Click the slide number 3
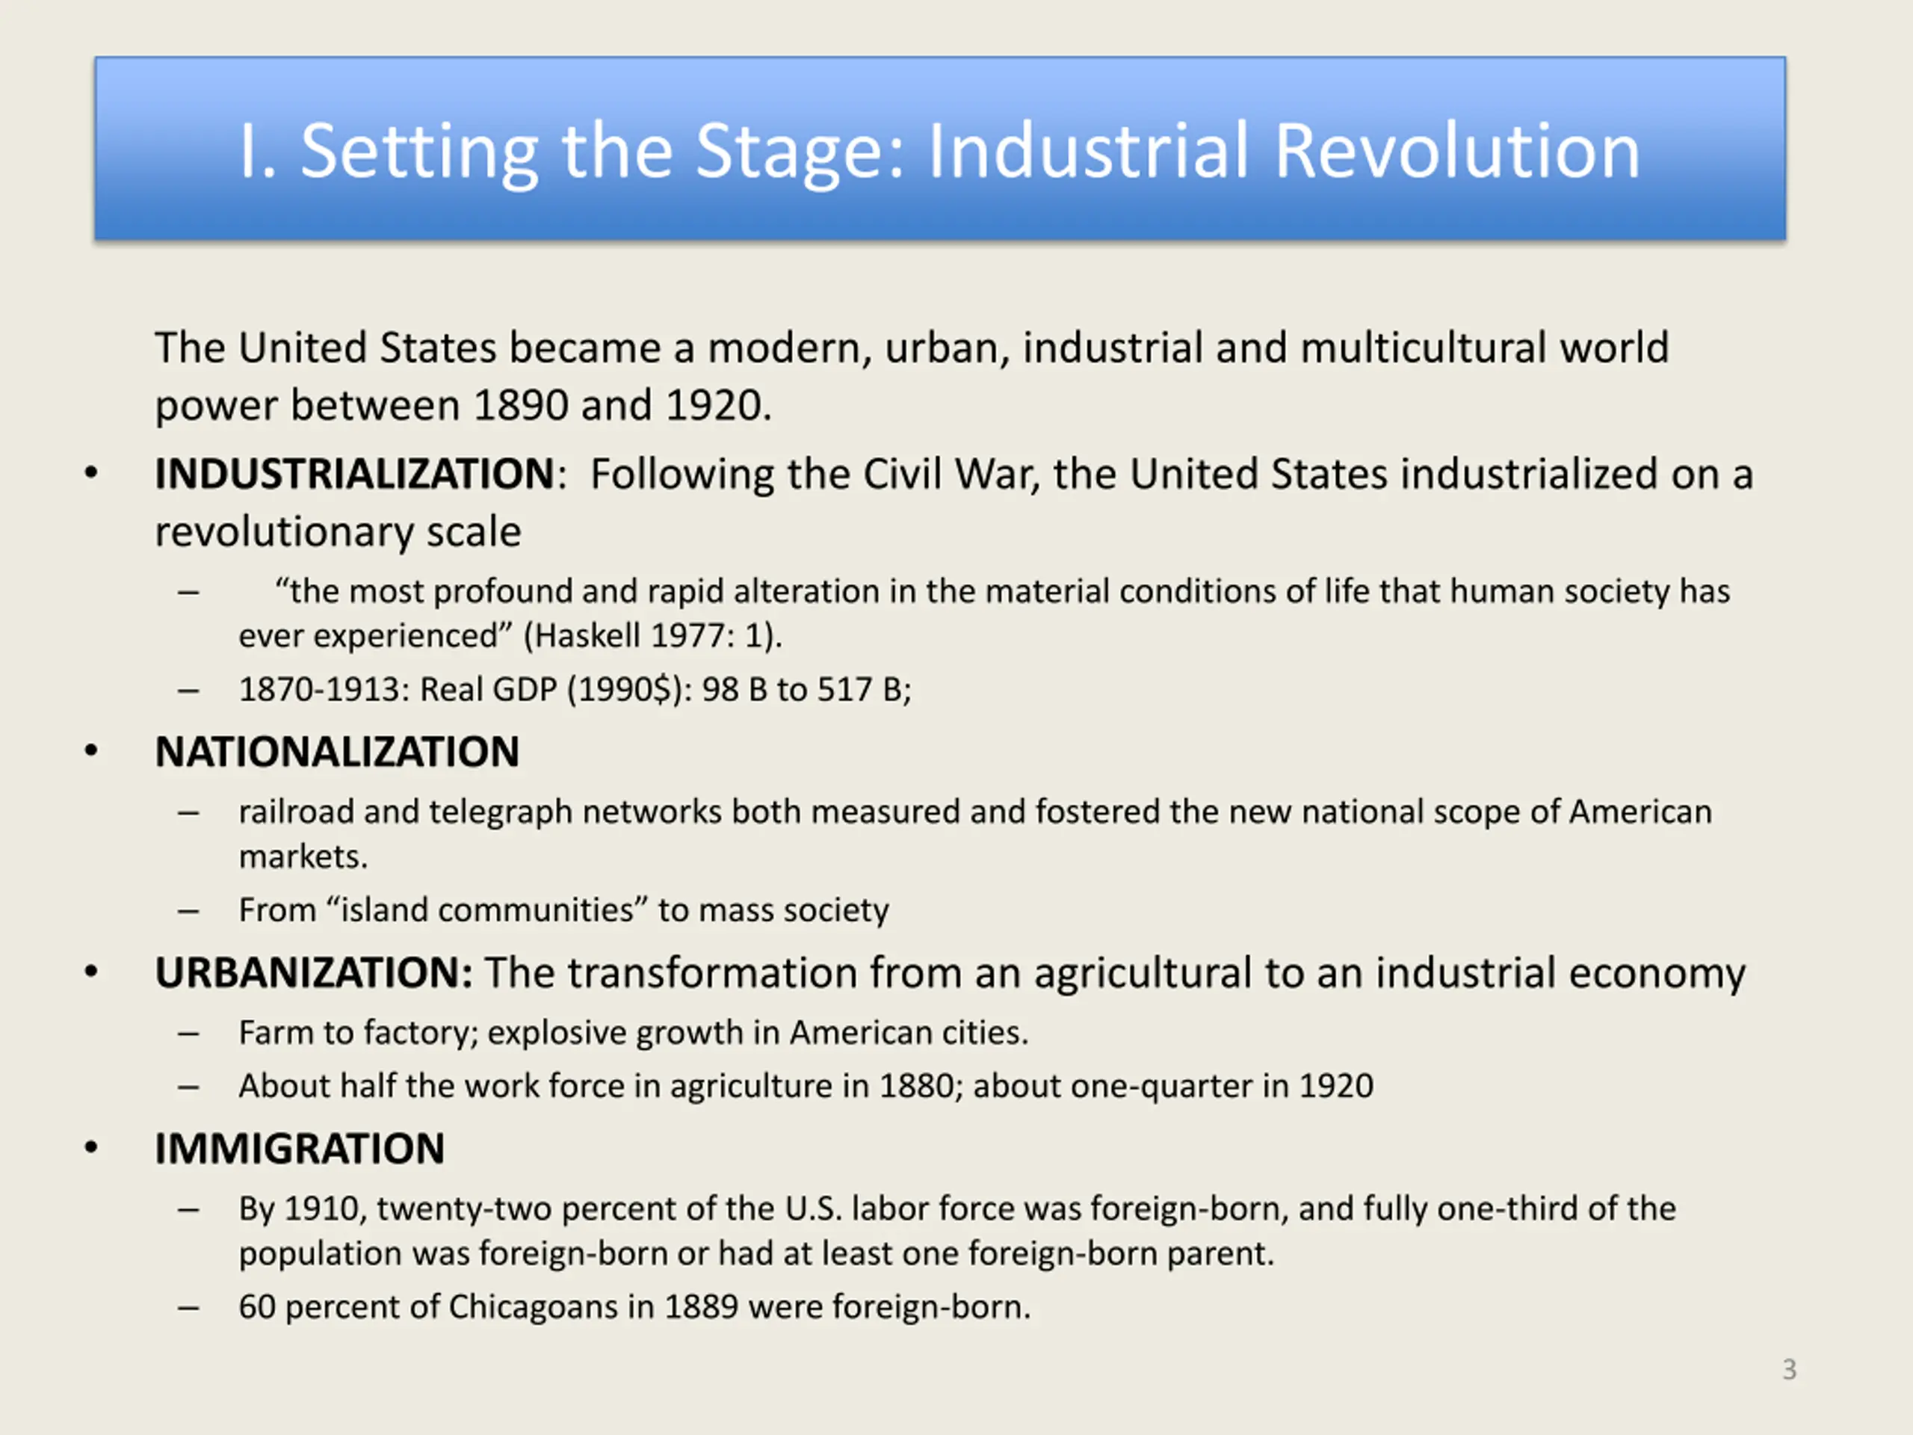point(1790,1369)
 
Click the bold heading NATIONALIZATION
point(337,752)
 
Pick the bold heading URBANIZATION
point(313,972)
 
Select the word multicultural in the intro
point(1424,348)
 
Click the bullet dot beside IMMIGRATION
point(91,1149)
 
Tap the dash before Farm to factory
point(188,1034)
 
